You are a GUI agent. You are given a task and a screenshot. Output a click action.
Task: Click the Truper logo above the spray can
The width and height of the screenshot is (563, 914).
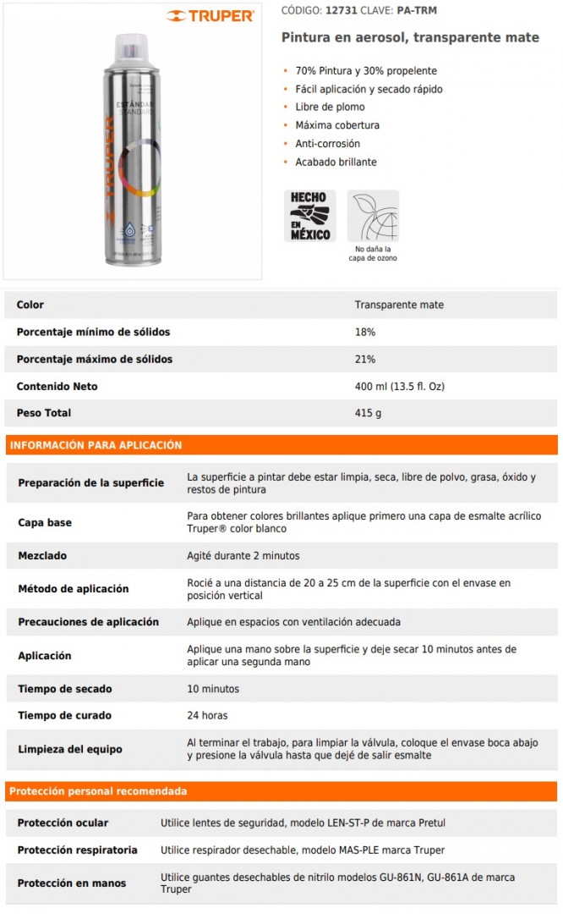[x=210, y=16]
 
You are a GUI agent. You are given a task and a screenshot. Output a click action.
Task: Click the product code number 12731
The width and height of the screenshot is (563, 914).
[x=342, y=10]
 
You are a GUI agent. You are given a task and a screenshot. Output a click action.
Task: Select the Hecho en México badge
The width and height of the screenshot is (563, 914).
[x=309, y=216]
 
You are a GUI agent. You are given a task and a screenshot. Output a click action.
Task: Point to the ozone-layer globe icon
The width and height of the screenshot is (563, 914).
[x=373, y=216]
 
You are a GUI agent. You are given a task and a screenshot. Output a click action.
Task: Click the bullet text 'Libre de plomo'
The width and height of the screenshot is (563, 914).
[x=330, y=107]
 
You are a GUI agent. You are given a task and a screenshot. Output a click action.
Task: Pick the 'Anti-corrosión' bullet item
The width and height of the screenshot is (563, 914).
[x=327, y=144]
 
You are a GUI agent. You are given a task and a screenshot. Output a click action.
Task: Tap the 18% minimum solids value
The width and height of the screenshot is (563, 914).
[x=365, y=333]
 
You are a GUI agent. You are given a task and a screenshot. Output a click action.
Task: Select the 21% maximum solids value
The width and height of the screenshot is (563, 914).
[x=365, y=360]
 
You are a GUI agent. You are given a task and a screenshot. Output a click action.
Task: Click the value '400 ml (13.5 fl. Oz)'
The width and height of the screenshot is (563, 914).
[x=399, y=387]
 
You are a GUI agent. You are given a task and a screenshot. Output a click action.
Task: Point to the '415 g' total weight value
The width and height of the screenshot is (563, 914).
[x=368, y=413]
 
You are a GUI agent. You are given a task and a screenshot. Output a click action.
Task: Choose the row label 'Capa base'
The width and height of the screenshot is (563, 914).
[x=45, y=523]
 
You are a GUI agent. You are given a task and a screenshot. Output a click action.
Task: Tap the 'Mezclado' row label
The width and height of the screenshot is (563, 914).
[x=42, y=556]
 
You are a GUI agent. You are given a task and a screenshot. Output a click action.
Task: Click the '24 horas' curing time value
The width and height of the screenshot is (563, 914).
[x=207, y=716]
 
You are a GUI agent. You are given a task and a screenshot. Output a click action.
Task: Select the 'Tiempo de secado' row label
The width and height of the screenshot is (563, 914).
[x=65, y=689]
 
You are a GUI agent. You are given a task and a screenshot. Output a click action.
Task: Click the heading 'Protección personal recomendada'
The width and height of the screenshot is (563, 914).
[x=98, y=792]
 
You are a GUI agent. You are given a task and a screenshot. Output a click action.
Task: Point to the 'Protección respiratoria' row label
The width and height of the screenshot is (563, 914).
[x=77, y=850]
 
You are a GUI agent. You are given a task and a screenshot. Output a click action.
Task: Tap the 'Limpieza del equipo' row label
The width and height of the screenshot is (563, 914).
[x=70, y=749]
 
